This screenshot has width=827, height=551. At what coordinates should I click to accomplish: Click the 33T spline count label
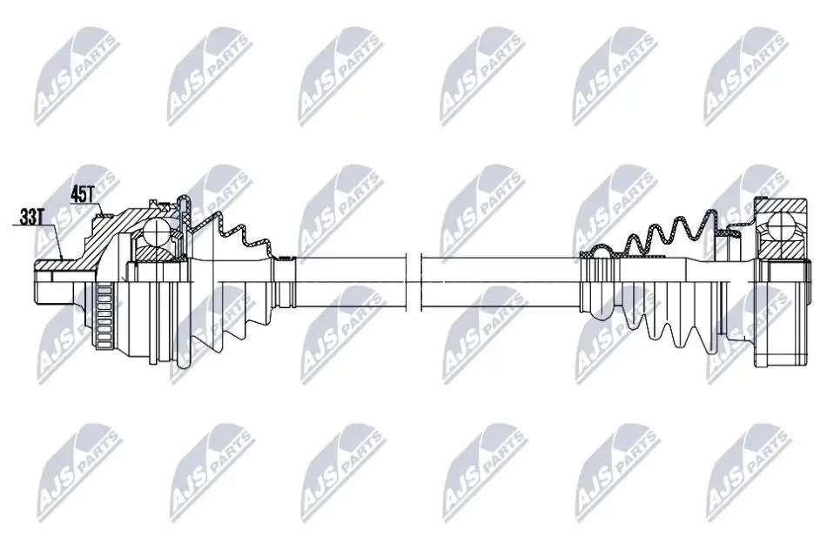[30, 217]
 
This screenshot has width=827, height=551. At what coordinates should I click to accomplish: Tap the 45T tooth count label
[82, 195]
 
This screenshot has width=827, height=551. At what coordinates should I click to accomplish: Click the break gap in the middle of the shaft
[414, 282]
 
